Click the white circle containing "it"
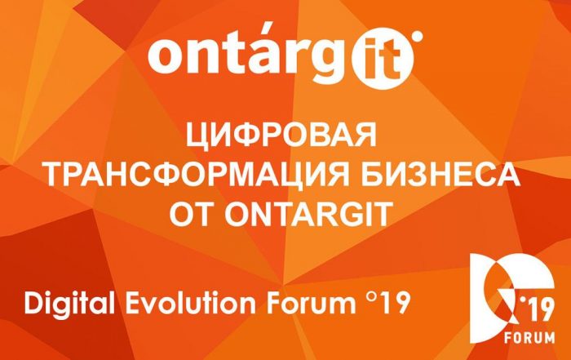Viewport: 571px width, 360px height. click(383, 59)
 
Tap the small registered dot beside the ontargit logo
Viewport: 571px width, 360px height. click(418, 36)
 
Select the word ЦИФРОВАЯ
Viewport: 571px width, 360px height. click(281, 136)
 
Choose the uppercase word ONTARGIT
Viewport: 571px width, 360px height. click(308, 214)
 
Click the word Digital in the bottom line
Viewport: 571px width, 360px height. click(69, 304)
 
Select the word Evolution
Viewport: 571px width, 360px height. click(191, 303)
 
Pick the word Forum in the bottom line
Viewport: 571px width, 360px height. click(312, 304)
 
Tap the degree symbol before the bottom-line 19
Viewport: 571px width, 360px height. click(370, 298)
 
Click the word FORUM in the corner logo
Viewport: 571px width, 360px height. click(529, 337)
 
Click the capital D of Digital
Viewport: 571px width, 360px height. click(34, 304)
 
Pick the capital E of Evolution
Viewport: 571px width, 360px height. click(133, 304)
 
